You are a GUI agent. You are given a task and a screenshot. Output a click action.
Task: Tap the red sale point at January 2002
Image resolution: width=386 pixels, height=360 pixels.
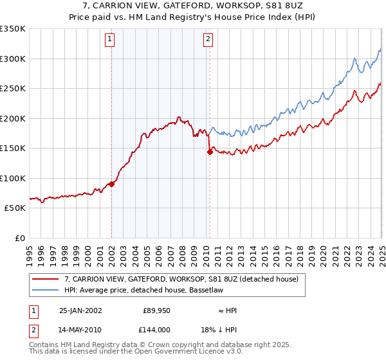coord(111,184)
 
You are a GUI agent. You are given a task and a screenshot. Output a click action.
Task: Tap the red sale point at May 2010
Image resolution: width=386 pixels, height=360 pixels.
coord(209,152)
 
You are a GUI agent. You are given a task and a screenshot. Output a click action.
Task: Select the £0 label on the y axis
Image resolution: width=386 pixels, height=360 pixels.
coord(19,238)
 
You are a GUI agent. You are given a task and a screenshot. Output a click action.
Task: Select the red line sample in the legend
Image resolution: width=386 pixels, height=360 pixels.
coord(46,280)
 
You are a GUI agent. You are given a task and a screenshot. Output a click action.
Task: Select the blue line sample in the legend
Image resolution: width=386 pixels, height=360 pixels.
coord(46,291)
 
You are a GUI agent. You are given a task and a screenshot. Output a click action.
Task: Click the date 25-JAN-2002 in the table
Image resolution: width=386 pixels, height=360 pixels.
coord(80,310)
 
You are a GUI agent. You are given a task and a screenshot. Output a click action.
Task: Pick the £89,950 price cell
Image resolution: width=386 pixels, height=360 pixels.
coord(156,310)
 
